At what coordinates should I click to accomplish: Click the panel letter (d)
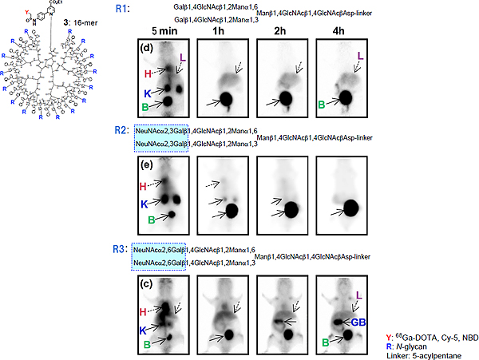click(x=146, y=47)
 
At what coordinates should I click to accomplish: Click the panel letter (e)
click(x=146, y=165)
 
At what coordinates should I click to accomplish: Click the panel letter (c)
click(x=146, y=283)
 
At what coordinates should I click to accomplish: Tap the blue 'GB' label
click(x=357, y=322)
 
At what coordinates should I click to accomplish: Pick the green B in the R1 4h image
click(x=323, y=103)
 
